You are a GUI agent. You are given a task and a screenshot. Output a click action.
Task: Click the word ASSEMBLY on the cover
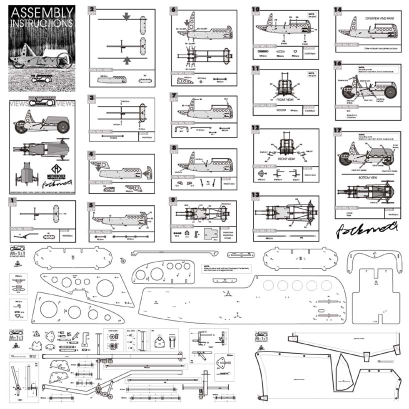pyautogui.click(x=41, y=12)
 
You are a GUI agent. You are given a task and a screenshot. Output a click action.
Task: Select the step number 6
pyautogui.click(x=173, y=9)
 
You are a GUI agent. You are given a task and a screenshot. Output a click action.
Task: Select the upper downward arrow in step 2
pyautogui.click(x=128, y=16)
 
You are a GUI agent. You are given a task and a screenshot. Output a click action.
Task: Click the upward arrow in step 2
pyautogui.click(x=128, y=60)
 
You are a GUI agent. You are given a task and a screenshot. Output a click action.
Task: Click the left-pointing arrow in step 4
pyautogui.click(x=148, y=172)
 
